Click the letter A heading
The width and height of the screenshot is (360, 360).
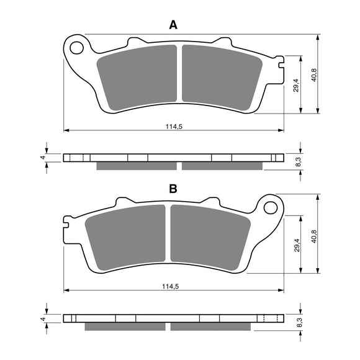point(174,25)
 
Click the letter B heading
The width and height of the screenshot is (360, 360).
point(174,188)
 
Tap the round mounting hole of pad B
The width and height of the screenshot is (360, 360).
point(270,207)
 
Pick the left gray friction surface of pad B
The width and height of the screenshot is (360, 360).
point(126,238)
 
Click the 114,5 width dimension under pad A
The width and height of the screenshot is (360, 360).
point(174,126)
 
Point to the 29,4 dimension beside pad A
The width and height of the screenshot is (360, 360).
point(297,84)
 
